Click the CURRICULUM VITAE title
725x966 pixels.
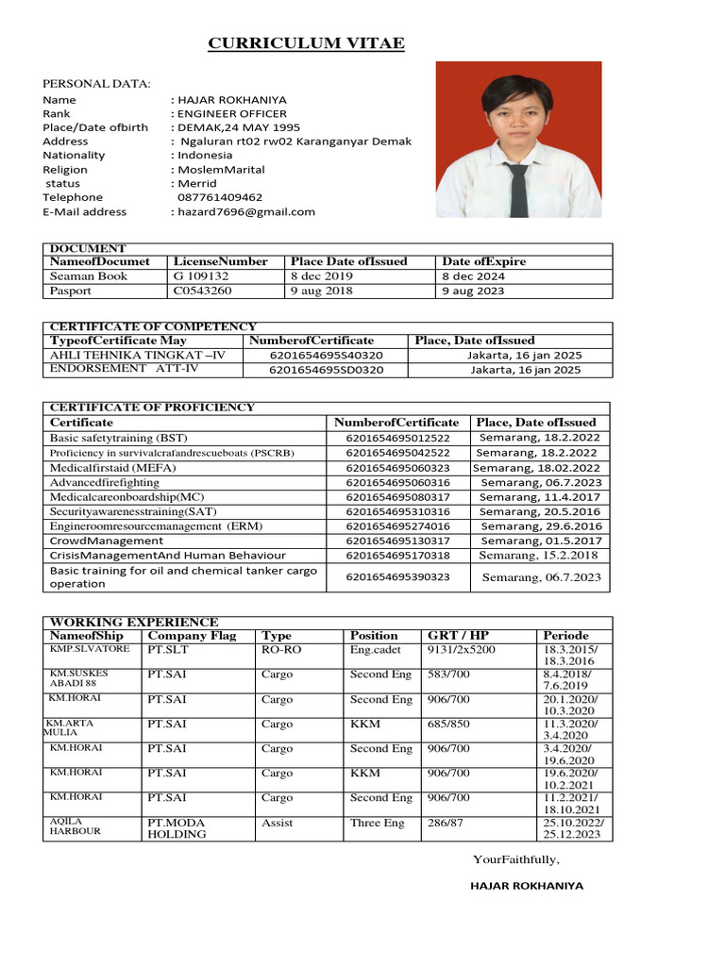click(x=306, y=44)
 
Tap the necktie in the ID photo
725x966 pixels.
click(x=518, y=188)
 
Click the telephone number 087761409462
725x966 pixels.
click(x=220, y=198)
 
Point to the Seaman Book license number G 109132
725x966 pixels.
click(x=200, y=276)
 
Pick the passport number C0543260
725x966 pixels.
click(x=202, y=291)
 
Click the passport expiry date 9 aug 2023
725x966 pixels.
click(x=473, y=291)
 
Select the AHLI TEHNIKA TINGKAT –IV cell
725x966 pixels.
click(x=138, y=356)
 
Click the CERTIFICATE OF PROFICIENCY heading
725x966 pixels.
click(x=152, y=408)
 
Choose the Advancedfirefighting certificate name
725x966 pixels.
click(x=105, y=483)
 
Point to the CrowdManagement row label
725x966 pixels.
click(x=107, y=541)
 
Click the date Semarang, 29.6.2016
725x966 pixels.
click(x=540, y=526)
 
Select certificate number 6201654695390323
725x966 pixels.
click(x=398, y=576)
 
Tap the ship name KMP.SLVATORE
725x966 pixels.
click(x=90, y=650)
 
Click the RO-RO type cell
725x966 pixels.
click(x=281, y=650)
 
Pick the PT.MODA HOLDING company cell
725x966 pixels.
click(x=177, y=828)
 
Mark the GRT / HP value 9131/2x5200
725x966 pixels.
click(x=461, y=650)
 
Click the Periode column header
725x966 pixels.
click(x=565, y=636)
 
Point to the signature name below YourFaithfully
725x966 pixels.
click(x=527, y=886)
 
